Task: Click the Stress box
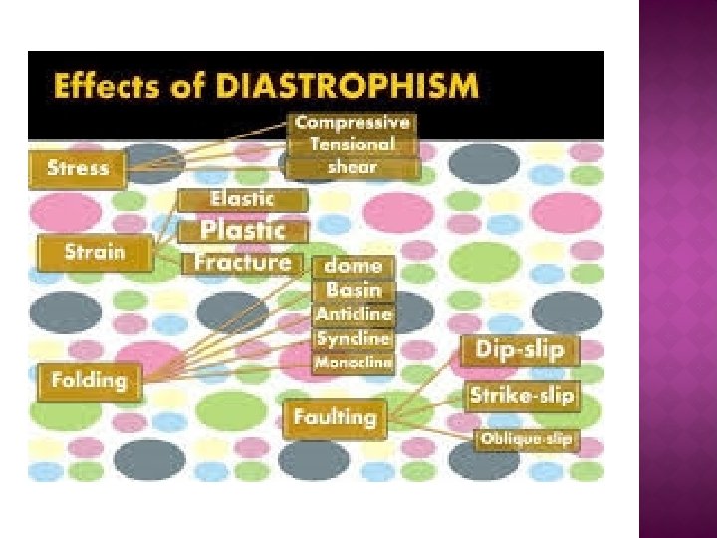79,167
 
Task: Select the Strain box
96,252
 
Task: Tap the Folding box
90,380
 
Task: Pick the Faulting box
336,417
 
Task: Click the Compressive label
353,123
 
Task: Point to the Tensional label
353,145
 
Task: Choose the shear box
353,167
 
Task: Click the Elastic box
242,199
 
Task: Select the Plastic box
242,231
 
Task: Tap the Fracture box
242,263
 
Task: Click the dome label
354,266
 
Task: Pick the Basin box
354,290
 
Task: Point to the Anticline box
354,314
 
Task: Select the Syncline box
354,339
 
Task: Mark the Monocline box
354,363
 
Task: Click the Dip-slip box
520,351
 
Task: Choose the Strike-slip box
522,396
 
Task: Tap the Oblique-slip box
526,438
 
